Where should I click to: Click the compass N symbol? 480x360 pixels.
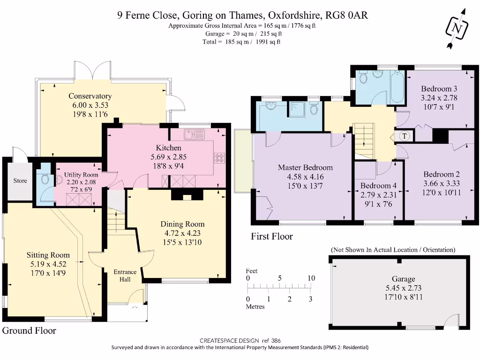[x=457, y=29]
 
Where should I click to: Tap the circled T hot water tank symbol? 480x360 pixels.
[x=405, y=136]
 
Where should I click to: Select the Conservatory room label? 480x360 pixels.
[x=90, y=96]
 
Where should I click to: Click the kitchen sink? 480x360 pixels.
[x=195, y=135]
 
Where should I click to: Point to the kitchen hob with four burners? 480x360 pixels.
[x=219, y=158]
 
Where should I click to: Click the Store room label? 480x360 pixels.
[x=20, y=180]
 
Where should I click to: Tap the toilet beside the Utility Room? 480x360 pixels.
[x=45, y=178]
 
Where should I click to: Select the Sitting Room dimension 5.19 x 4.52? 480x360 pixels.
[x=48, y=264]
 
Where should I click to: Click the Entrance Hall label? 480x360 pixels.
[x=125, y=276]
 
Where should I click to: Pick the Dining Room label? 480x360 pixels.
[x=182, y=224]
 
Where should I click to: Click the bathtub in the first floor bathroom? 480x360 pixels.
[x=397, y=87]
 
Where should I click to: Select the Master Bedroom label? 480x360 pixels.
[x=305, y=167]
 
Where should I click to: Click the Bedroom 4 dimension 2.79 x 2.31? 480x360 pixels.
[x=378, y=195]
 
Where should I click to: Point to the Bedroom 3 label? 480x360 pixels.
[x=439, y=89]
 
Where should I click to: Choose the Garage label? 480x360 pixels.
[x=404, y=279]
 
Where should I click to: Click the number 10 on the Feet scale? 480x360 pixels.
[x=311, y=278]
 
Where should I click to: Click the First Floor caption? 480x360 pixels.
[x=272, y=236]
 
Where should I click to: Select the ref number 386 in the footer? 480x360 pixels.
[x=276, y=340]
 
